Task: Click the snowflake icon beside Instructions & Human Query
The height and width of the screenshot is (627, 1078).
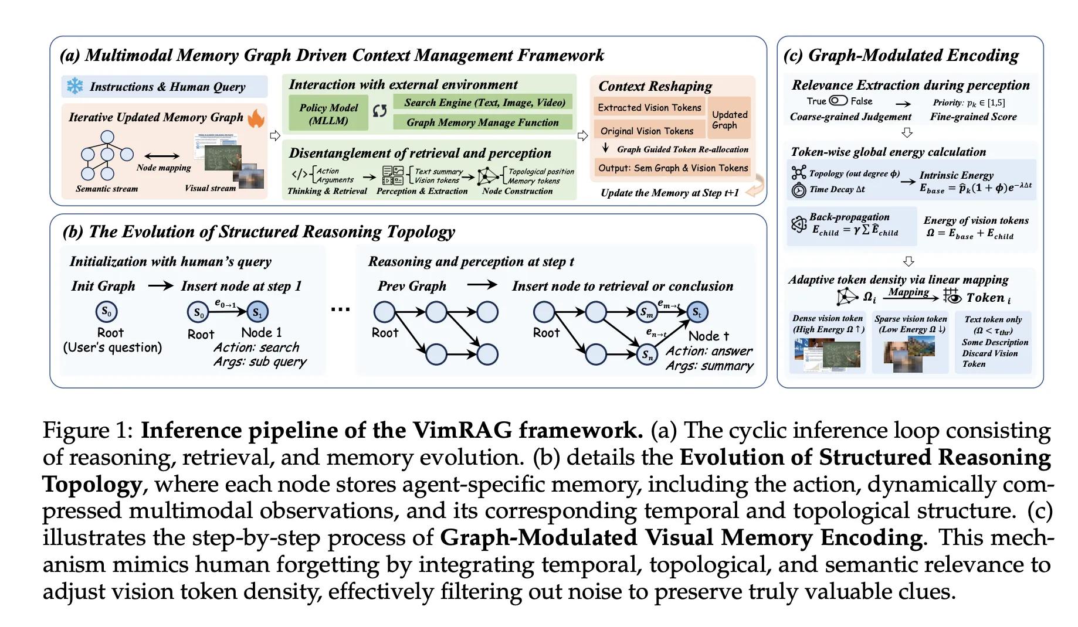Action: pyautogui.click(x=74, y=86)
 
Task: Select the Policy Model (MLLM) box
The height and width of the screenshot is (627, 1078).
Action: pyautogui.click(x=328, y=114)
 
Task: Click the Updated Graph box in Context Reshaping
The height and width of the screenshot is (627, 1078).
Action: pyautogui.click(x=730, y=120)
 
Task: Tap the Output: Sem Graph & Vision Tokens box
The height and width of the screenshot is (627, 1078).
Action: pyautogui.click(x=673, y=168)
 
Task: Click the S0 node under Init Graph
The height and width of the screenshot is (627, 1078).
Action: pyautogui.click(x=106, y=312)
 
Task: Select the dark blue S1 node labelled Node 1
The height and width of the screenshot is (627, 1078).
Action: pyautogui.click(x=257, y=312)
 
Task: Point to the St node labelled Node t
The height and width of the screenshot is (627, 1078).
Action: pyautogui.click(x=697, y=312)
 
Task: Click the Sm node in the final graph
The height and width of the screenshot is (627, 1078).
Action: pyautogui.click(x=647, y=312)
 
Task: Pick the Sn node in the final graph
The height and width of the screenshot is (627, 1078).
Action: pyautogui.click(x=647, y=354)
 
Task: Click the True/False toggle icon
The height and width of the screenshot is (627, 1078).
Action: pyautogui.click(x=839, y=101)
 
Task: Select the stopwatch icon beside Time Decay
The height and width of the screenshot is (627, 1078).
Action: pyautogui.click(x=798, y=190)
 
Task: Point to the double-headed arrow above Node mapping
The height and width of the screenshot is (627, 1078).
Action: pyautogui.click(x=162, y=156)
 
